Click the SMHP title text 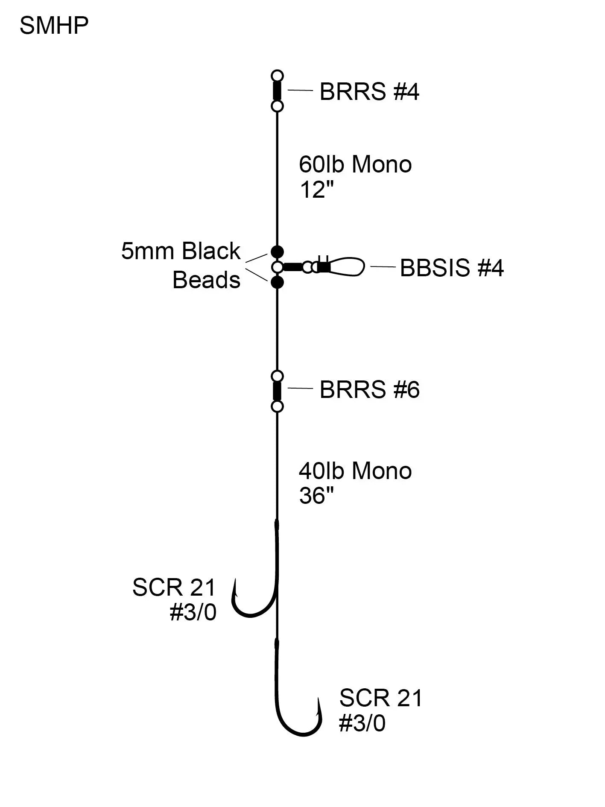(54, 26)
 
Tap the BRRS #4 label (369, 91)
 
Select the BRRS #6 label (369, 389)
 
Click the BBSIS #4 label (452, 268)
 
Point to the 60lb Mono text (355, 164)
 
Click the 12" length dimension (316, 189)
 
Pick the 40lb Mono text (355, 471)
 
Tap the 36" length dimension (316, 496)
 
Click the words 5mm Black (181, 251)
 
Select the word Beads (206, 280)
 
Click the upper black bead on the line (278, 252)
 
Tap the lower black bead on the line (278, 282)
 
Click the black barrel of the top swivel (278, 91)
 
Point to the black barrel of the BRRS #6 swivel (278, 391)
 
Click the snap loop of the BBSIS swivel (348, 267)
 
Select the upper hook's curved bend (252, 613)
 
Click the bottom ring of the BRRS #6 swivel (278, 406)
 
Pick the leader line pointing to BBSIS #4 (383, 267)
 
